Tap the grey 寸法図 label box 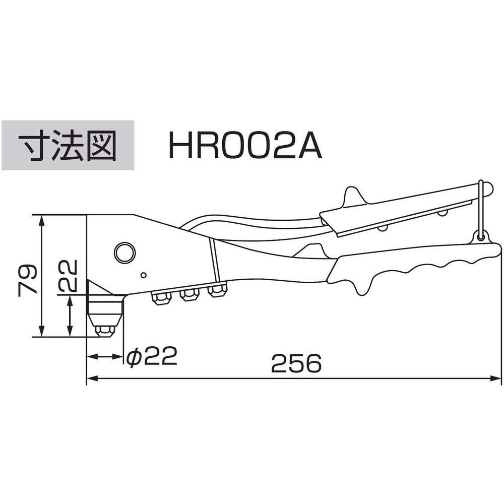(x=68, y=145)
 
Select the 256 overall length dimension (x=296, y=363)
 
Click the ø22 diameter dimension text (x=152, y=356)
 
